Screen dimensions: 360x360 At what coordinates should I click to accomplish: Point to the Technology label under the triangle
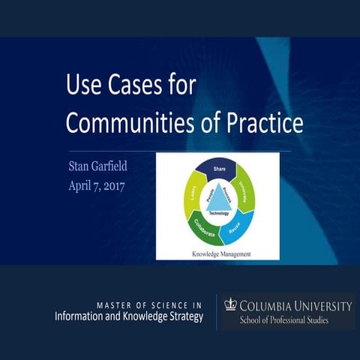point(218,214)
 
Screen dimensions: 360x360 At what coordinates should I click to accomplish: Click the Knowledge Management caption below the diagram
point(218,254)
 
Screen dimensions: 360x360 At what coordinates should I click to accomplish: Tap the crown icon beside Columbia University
point(231,304)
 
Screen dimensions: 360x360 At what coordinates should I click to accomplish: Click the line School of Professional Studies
point(288,320)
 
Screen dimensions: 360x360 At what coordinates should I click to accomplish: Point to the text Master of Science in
point(149,304)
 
